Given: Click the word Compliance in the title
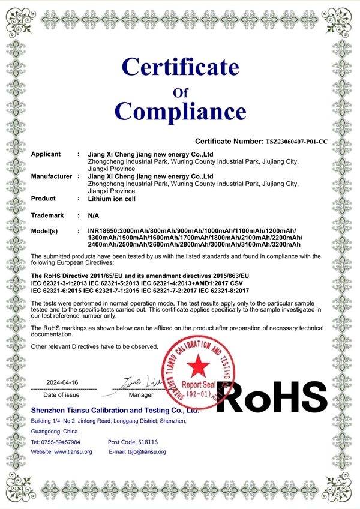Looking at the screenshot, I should pos(180,111).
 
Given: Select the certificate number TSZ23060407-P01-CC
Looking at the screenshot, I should pos(296,142).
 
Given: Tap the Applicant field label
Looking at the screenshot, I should pos(46,154).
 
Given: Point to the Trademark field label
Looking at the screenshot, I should pos(47,215).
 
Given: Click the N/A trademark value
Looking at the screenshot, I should pos(94,215).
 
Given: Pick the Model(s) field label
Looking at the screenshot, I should pos(44,231).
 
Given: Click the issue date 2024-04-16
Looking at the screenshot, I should pos(62,382).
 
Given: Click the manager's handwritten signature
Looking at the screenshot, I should pos(142,382).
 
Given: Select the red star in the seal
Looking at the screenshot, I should pos(196,364).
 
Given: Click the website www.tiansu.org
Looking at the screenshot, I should pos(73,451).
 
